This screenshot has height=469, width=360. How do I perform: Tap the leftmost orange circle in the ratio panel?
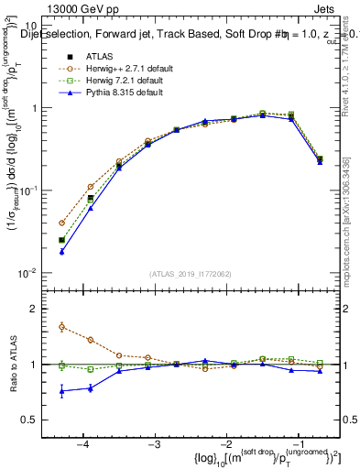(61, 326)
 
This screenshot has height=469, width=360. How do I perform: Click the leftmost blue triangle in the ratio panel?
(61, 391)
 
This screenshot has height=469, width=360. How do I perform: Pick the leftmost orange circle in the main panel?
(61, 223)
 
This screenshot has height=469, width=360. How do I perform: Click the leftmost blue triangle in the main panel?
(61, 251)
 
